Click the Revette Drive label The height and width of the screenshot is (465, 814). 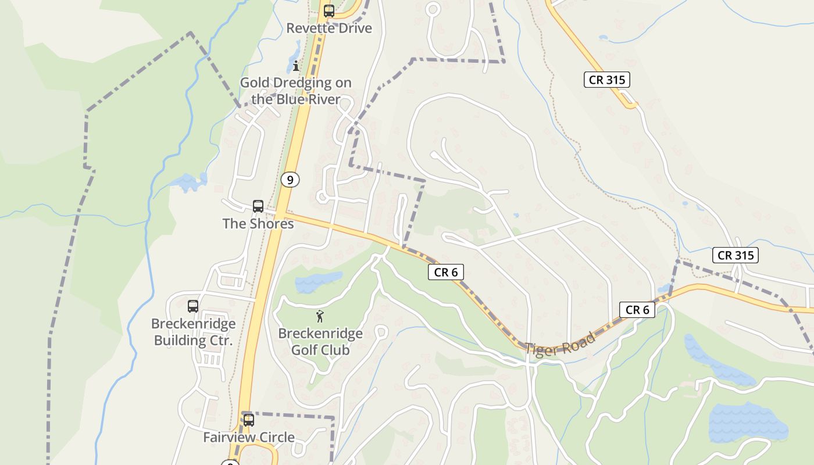(x=329, y=28)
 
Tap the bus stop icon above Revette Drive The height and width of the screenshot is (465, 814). (x=329, y=11)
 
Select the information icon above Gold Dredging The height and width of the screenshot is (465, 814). (x=296, y=66)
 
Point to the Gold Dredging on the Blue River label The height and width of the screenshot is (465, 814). (x=296, y=91)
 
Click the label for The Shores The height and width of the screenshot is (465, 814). (x=258, y=223)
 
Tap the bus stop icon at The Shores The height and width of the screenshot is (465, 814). (x=258, y=206)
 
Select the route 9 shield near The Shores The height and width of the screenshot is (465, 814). (x=290, y=180)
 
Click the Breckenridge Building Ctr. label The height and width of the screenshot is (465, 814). (x=194, y=332)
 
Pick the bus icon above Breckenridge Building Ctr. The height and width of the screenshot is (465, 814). (x=193, y=306)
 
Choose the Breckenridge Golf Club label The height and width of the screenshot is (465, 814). (x=320, y=342)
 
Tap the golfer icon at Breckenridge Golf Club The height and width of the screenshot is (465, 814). (x=320, y=317)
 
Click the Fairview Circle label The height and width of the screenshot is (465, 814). (x=249, y=437)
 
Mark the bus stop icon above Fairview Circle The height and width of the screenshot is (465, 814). (x=249, y=420)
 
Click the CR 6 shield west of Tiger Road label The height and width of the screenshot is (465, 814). (x=446, y=271)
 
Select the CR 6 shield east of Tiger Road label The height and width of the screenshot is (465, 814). (x=637, y=310)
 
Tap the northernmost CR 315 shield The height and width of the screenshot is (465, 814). (x=607, y=80)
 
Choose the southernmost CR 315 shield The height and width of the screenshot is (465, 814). (x=736, y=255)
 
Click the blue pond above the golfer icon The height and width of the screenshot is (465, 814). (x=310, y=283)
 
